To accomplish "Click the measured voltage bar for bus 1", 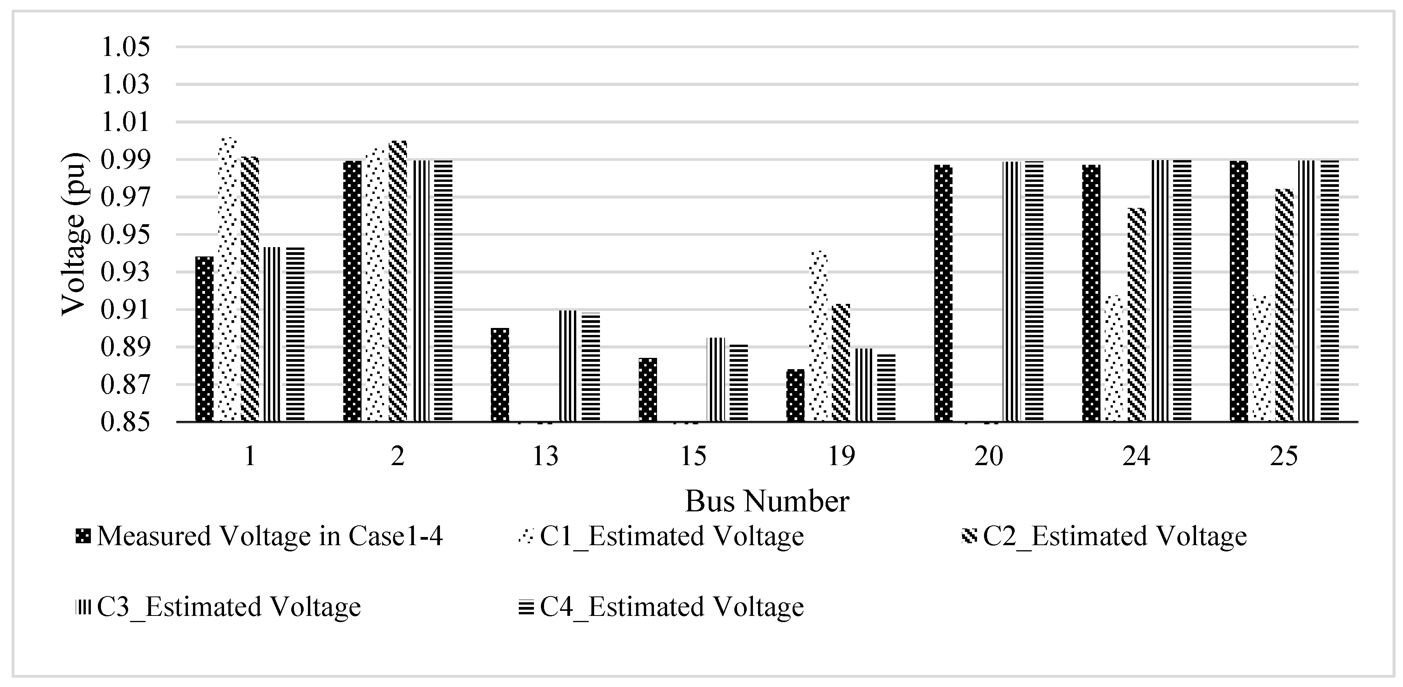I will [204, 339].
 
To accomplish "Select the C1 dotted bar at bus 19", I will [819, 336].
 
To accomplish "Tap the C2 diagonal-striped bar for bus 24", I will [1137, 315].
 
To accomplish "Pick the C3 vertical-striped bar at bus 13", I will [568, 366].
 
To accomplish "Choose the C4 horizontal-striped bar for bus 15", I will [739, 382].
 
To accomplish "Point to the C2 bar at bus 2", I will [398, 281].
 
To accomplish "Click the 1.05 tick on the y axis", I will [125, 47].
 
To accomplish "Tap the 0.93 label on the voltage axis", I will [125, 272].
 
